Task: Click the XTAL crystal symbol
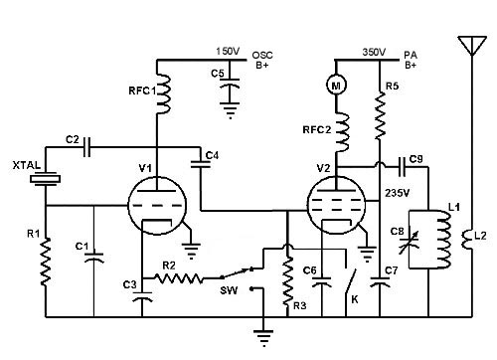46,179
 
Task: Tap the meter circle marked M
336,86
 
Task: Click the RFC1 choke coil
163,93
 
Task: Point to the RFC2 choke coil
342,132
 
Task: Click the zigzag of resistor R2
179,278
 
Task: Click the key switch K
350,281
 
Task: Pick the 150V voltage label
228,52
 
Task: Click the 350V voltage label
374,52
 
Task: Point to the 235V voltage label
397,193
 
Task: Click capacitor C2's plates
86,146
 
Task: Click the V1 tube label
145,168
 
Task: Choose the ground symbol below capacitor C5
230,110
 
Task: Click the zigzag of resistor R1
46,262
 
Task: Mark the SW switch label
229,290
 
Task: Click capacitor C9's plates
403,167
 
